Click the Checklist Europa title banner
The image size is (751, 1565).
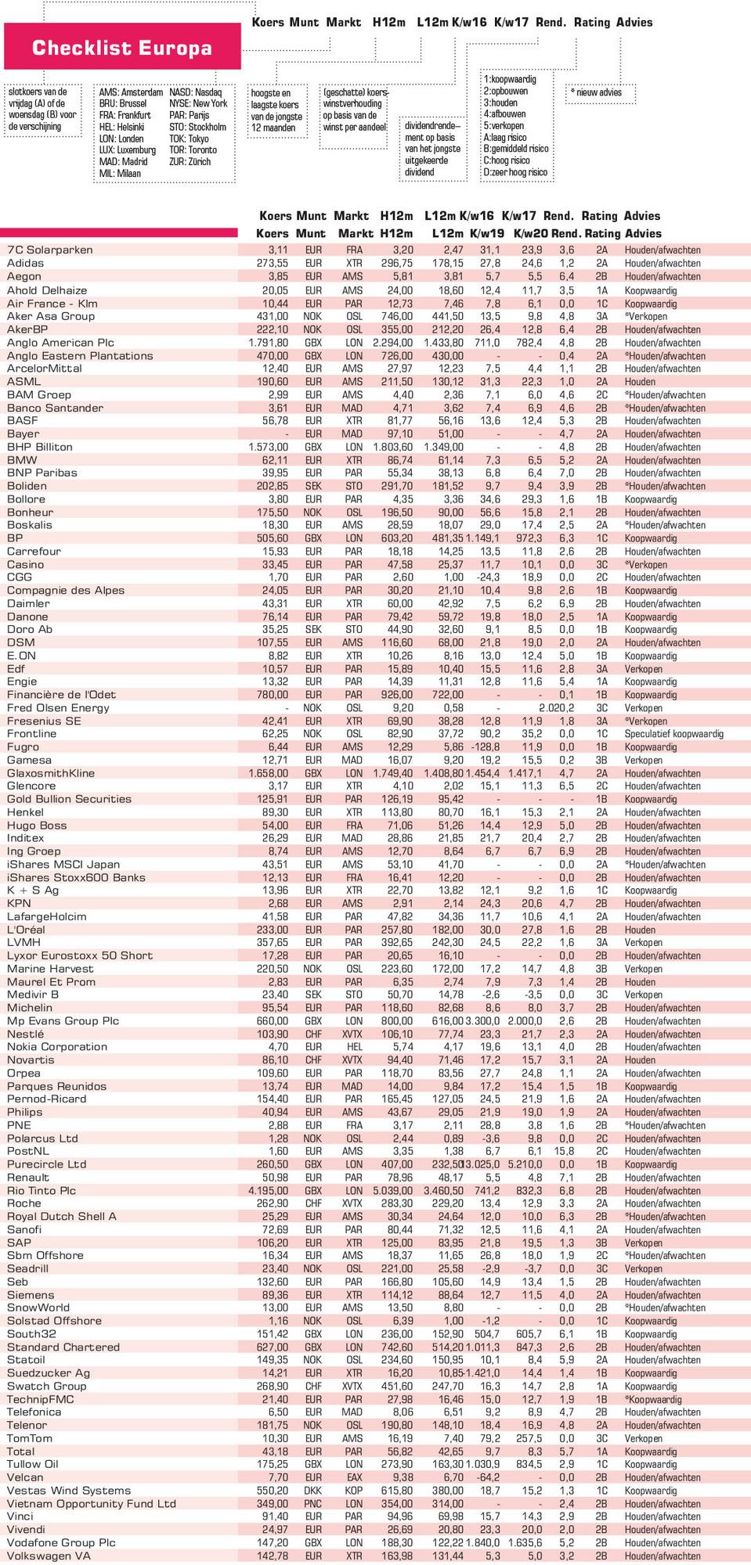[x=122, y=47]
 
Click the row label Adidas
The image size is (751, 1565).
[x=26, y=264]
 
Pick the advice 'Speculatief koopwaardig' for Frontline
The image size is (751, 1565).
[x=673, y=734]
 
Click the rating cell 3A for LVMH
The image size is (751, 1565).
[x=601, y=943]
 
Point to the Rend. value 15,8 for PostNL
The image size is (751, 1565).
[x=564, y=1152]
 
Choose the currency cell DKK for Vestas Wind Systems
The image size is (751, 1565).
[x=313, y=1491]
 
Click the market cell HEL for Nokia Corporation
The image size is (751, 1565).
[x=354, y=1047]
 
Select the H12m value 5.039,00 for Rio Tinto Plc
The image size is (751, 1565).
[x=392, y=1191]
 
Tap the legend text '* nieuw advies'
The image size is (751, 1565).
[x=597, y=92]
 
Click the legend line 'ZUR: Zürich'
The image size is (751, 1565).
[x=190, y=162]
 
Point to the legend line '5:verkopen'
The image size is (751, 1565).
[x=504, y=126]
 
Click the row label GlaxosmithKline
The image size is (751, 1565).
[x=51, y=773]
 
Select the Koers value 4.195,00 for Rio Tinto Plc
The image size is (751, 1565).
[x=268, y=1191]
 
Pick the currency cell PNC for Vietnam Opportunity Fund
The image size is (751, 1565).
[x=313, y=1504]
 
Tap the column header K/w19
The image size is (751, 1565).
[x=486, y=233]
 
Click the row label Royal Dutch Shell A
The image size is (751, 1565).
[x=62, y=1217]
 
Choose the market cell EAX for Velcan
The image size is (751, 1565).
[x=354, y=1478]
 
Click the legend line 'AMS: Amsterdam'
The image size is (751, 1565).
[x=130, y=92]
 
